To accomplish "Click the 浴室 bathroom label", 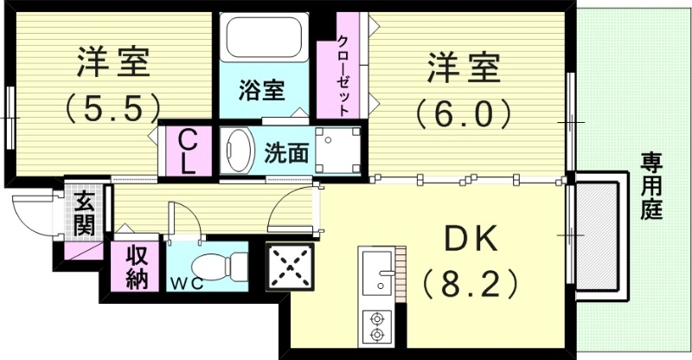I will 261,89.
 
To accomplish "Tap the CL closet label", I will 188,151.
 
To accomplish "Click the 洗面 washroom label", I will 286,153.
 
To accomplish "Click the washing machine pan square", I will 337,151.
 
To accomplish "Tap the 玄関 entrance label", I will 84,214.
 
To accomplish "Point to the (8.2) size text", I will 471,283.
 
